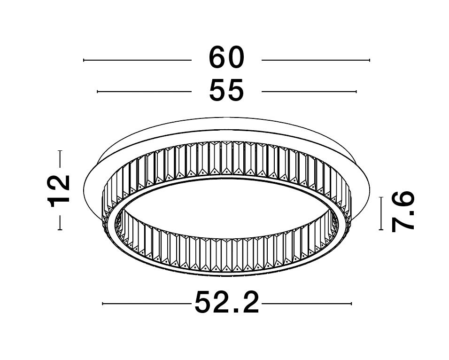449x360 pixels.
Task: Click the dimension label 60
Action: tap(226, 58)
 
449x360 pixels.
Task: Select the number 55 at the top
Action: tap(226, 90)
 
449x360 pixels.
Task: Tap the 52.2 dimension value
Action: tap(227, 303)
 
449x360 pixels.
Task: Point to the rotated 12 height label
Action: tap(59, 190)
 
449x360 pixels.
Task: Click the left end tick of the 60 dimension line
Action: tap(84, 60)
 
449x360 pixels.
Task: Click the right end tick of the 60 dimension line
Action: tap(370, 60)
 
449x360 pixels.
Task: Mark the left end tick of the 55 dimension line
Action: tap(97, 92)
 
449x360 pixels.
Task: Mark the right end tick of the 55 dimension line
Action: tap(356, 92)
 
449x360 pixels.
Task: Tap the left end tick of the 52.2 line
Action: tap(102, 304)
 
